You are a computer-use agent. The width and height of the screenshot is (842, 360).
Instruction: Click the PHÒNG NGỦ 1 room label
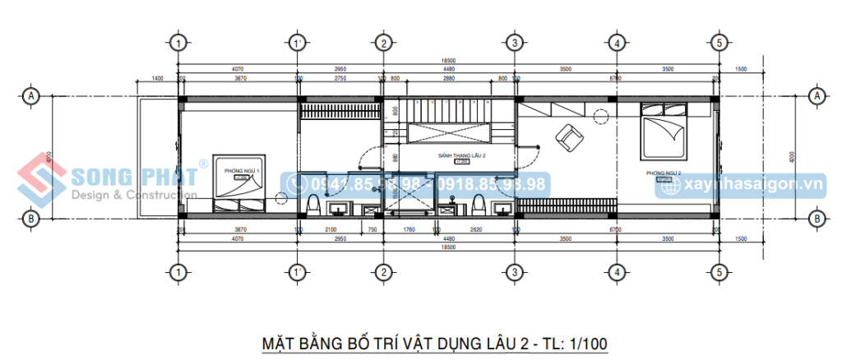tap(241, 171)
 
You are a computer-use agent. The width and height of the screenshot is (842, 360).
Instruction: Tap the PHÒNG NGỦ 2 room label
tap(664, 173)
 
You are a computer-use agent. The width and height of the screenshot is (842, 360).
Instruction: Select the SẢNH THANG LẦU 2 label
tap(460, 155)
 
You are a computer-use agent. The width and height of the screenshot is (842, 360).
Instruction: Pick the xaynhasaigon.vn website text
tap(751, 185)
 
